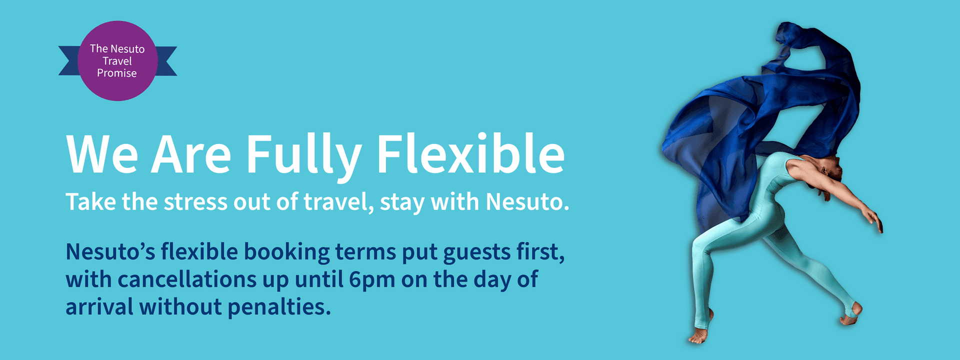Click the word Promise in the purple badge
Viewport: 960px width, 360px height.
coord(116,73)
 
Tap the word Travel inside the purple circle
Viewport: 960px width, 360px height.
coord(117,61)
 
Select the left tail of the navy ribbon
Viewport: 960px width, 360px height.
coord(69,61)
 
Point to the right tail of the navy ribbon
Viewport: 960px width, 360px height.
coord(166,61)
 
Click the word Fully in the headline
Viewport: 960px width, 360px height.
coord(303,155)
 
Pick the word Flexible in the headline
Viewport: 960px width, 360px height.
coord(470,153)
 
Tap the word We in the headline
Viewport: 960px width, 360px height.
coord(102,154)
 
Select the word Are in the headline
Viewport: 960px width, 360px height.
coord(191,154)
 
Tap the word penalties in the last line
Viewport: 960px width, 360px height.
coord(279,307)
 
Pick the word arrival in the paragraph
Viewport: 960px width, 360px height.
coord(99,306)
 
